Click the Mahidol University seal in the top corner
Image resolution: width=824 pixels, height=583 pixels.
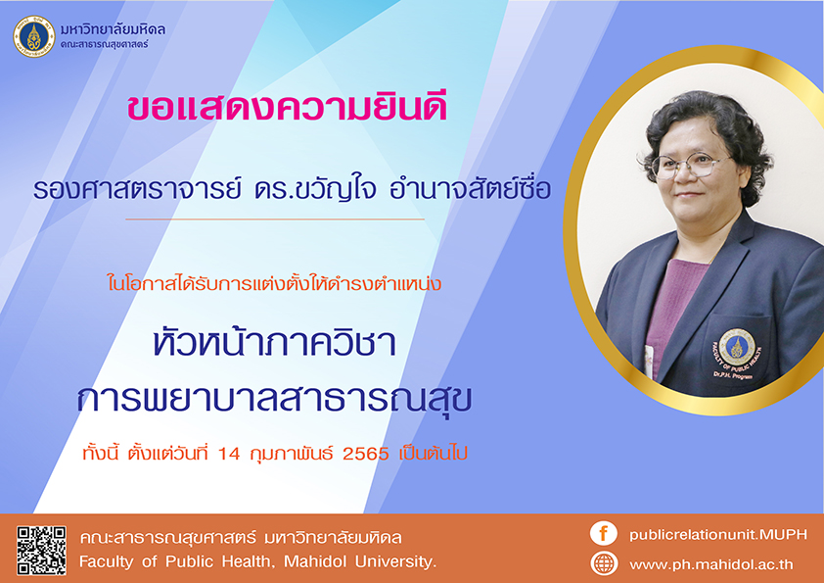(x=34, y=36)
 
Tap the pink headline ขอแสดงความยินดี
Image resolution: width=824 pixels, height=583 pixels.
(x=287, y=106)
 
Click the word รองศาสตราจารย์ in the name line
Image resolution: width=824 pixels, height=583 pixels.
(x=138, y=188)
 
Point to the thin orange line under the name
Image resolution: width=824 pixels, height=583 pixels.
(x=275, y=219)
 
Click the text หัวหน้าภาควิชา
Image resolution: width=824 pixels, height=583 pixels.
(x=274, y=341)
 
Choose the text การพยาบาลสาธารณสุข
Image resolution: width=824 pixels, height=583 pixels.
(x=274, y=400)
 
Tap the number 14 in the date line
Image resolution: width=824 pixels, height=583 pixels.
(x=229, y=453)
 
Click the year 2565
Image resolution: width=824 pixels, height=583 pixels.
(x=366, y=453)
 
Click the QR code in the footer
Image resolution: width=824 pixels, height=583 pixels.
(x=41, y=551)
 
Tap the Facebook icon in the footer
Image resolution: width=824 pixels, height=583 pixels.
(x=603, y=533)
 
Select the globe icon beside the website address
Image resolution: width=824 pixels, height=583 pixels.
(x=604, y=563)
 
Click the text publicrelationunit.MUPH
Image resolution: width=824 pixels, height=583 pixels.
(x=718, y=535)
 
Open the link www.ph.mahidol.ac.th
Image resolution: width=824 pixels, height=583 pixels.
(x=711, y=564)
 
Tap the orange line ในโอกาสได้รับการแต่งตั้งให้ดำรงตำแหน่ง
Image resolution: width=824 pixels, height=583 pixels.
(x=274, y=283)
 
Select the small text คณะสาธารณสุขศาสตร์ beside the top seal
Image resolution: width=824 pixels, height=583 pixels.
(x=104, y=45)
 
